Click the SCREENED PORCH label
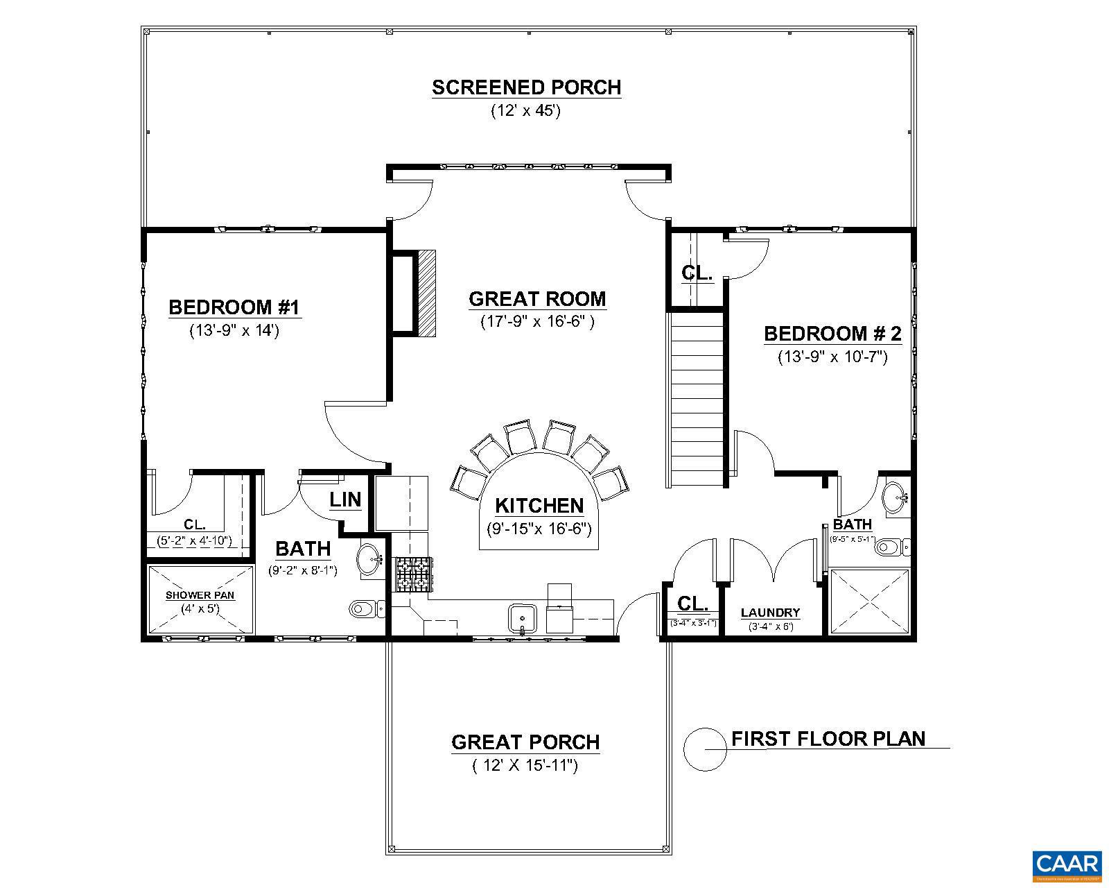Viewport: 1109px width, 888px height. point(526,88)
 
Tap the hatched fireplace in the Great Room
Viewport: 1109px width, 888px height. point(426,293)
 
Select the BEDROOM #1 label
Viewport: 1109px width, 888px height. point(234,307)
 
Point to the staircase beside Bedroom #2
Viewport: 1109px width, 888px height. point(697,399)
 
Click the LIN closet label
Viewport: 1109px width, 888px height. point(344,499)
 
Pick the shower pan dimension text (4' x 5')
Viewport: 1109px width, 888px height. point(200,608)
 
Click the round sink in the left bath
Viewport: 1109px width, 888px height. point(369,560)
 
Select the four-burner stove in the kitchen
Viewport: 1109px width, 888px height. point(413,575)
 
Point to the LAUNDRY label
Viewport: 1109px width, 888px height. point(770,613)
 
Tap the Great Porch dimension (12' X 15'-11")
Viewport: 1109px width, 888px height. point(525,766)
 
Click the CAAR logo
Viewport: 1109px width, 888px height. point(1067,865)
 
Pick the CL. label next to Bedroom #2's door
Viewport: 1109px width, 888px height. point(697,273)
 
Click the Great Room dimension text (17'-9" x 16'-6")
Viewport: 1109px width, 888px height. point(537,322)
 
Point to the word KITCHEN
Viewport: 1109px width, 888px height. point(539,506)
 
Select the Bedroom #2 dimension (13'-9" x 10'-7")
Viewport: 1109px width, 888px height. point(832,357)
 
